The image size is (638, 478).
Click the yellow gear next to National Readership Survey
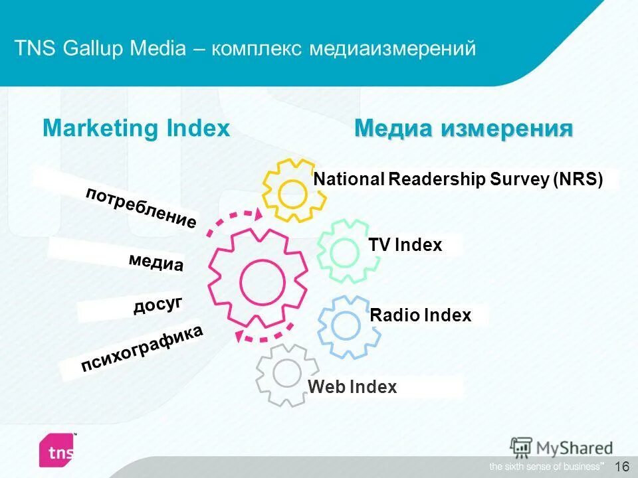292,192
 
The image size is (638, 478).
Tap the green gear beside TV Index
344,252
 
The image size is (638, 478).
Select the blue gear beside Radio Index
346,325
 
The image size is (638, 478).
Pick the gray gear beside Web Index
286,374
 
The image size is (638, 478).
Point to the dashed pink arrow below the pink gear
265,335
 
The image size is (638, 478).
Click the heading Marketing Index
136,128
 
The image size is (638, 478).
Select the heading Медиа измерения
463,128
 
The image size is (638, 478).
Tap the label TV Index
405,245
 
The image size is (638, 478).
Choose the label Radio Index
420,315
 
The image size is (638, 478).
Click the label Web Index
352,387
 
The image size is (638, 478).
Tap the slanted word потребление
141,208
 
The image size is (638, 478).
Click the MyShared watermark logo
562,447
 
